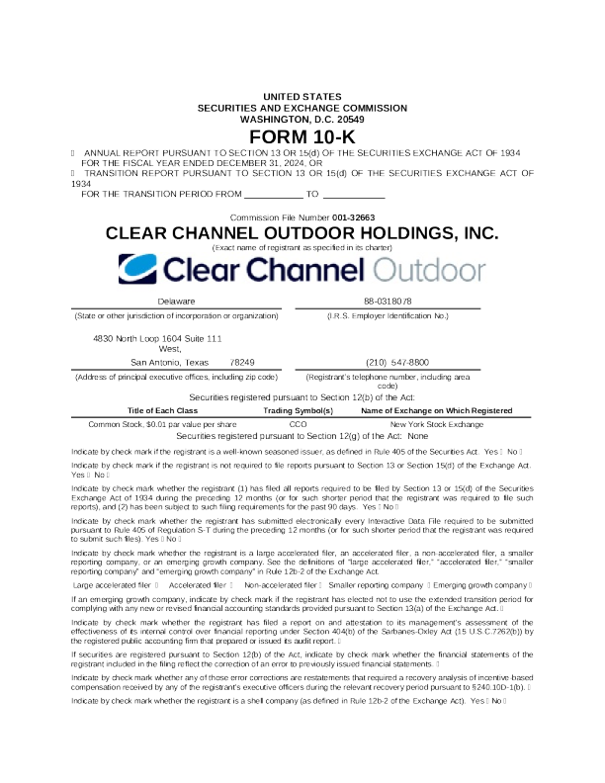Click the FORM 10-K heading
click(302, 135)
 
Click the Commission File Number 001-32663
click(302, 217)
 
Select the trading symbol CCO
click(298, 423)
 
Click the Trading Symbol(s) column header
click(298, 409)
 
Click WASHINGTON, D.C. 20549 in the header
click(302, 119)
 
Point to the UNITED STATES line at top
click(302, 96)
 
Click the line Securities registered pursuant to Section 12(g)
click(302, 435)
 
